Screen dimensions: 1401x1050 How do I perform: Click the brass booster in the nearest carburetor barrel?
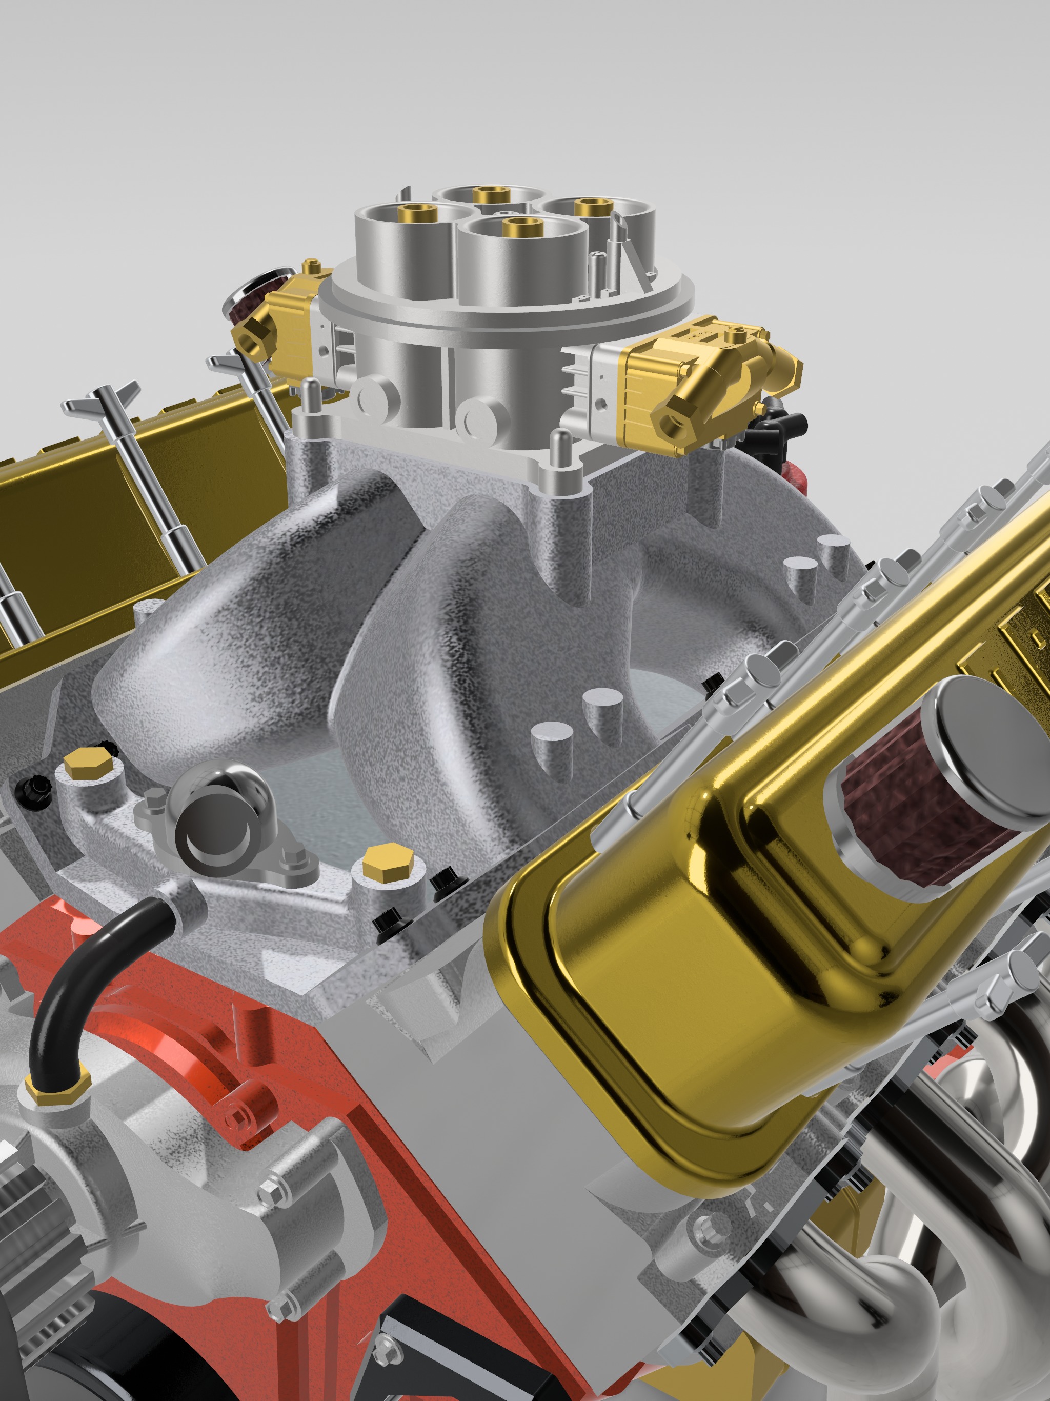tap(520, 226)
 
